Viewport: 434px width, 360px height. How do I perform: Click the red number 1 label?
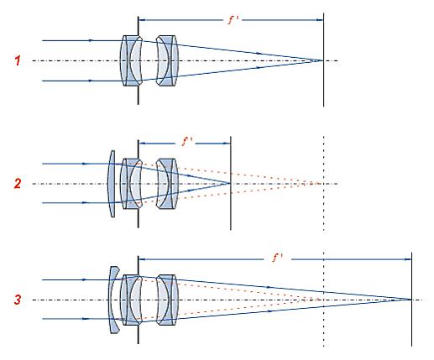18,60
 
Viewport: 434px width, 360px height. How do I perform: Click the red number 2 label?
18,184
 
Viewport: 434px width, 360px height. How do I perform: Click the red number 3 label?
18,300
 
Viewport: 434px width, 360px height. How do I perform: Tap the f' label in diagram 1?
233,20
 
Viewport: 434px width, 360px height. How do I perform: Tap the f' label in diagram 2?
186,142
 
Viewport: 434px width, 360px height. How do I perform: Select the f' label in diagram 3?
278,258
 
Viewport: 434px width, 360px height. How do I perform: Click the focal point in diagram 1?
323,60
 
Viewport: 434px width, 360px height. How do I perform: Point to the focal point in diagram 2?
230,184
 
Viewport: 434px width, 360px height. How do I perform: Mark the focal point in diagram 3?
411,300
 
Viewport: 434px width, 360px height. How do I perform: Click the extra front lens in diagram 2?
112,184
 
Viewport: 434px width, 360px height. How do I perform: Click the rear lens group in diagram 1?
168,60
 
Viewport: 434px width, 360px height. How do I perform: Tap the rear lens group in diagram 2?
168,184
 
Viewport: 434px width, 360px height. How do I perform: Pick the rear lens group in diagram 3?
168,300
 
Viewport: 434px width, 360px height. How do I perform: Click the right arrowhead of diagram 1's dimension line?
320,20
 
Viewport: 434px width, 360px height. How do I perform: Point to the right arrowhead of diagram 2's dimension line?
227,143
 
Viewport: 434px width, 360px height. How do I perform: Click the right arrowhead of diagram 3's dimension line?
408,259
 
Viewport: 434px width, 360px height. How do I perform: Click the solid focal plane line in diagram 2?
231,183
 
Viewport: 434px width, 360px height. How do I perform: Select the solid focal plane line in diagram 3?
411,300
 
